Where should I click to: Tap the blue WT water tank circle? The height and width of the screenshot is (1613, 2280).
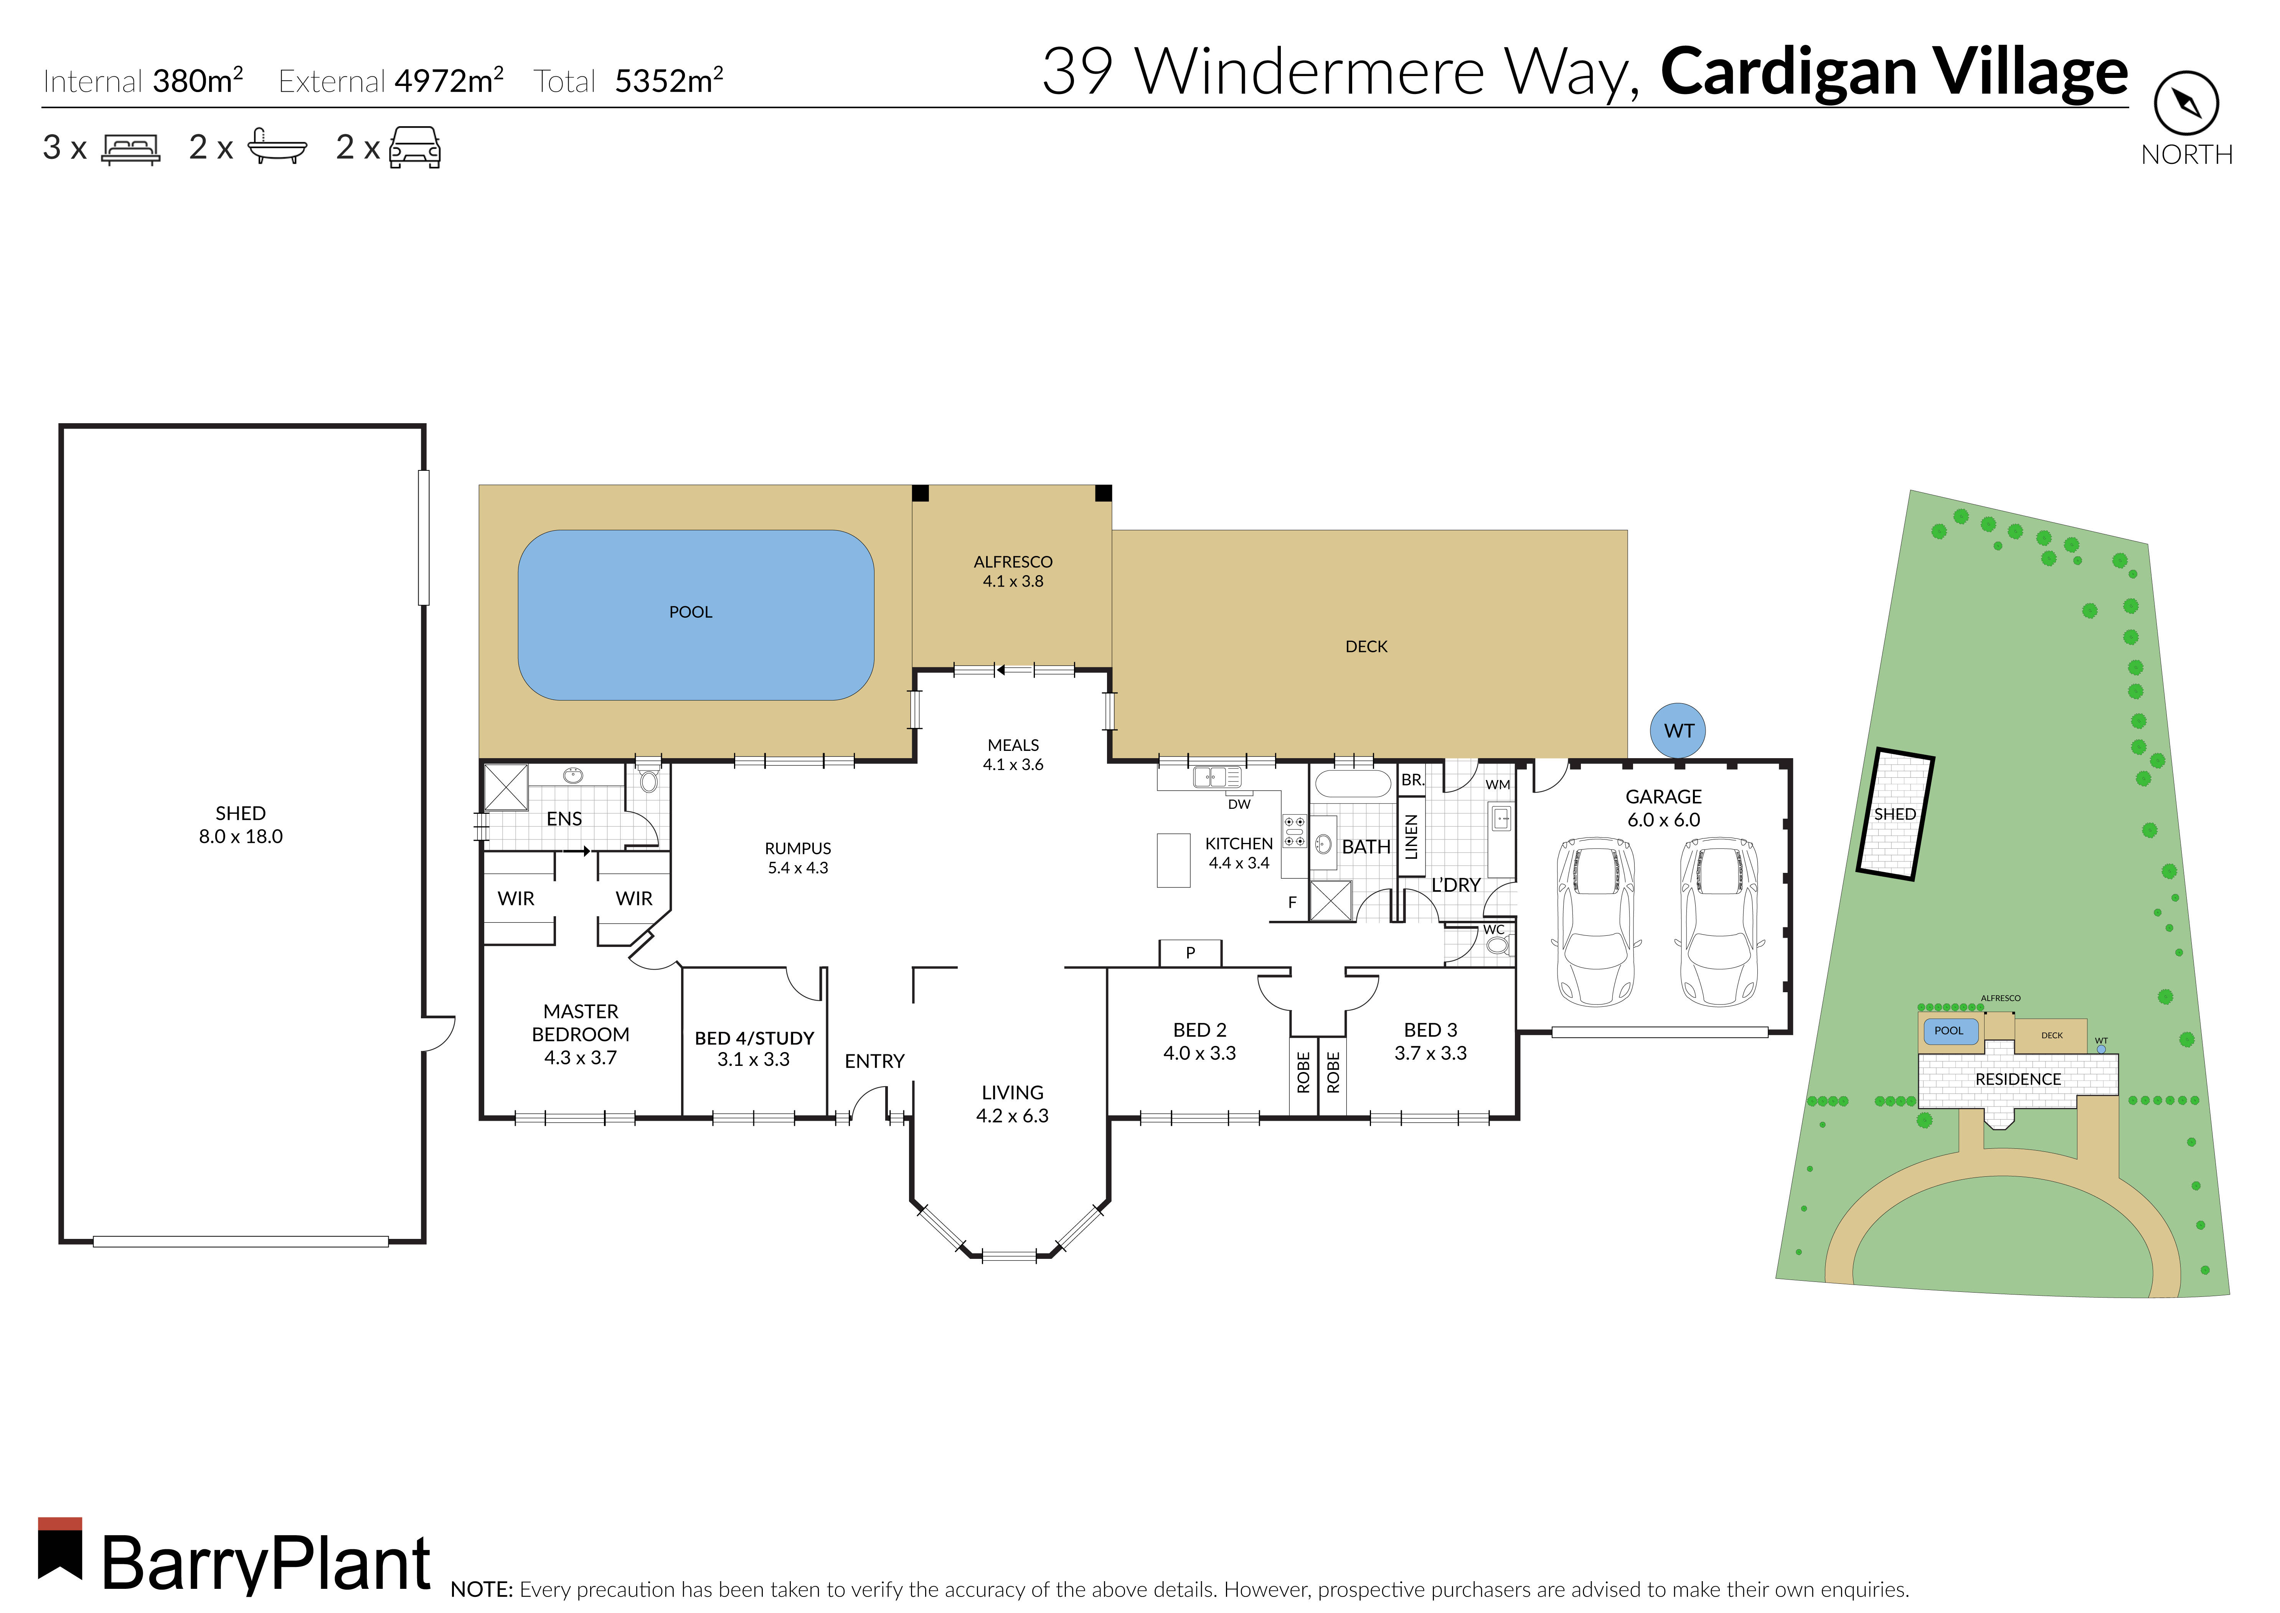pyautogui.click(x=1678, y=731)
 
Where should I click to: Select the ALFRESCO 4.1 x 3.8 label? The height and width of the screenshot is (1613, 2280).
pyautogui.click(x=1013, y=571)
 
